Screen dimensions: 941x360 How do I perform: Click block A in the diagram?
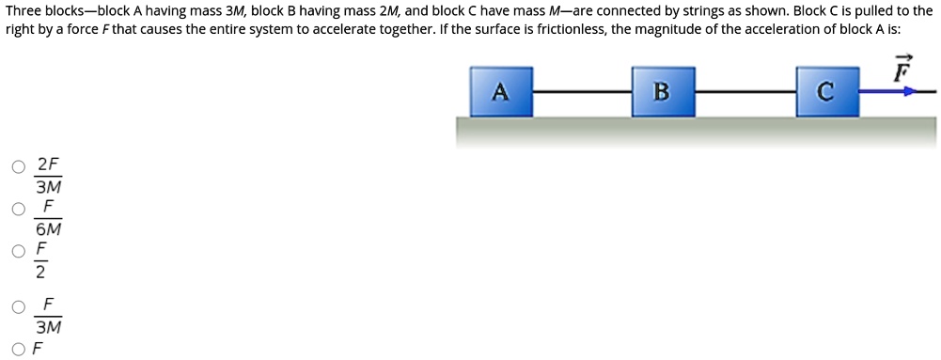click(501, 91)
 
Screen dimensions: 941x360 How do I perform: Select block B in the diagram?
click(663, 91)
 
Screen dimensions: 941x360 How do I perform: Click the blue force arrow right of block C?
click(888, 92)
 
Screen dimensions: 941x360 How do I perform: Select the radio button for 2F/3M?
click(19, 168)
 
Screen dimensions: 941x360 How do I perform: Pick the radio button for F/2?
click(19, 251)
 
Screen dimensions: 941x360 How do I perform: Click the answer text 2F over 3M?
click(48, 176)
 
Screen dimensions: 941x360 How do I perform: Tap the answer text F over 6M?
click(48, 217)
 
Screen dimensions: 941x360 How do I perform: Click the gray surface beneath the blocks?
click(696, 132)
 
